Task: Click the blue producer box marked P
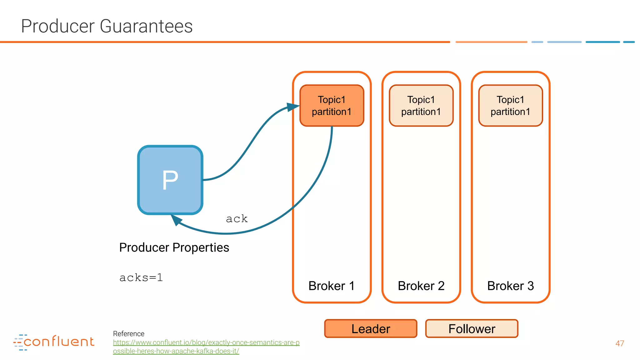pos(170,180)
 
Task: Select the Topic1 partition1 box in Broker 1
pos(332,106)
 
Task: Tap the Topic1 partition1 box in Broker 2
pos(421,106)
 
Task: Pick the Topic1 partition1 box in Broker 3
pos(510,106)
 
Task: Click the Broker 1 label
pos(331,286)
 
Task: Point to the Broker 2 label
pos(421,286)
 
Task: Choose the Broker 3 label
pos(510,286)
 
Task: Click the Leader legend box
pos(371,329)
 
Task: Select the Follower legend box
pos(472,329)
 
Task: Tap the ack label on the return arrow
pos(237,219)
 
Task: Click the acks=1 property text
pos(141,277)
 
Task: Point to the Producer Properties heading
pos(174,247)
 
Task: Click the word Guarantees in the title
pos(146,26)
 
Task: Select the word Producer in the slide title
pos(57,26)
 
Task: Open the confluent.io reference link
pos(206,343)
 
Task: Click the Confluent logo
pos(54,342)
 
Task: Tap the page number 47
pos(620,343)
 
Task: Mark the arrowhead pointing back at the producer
pos(176,220)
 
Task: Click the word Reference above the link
pos(128,334)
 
